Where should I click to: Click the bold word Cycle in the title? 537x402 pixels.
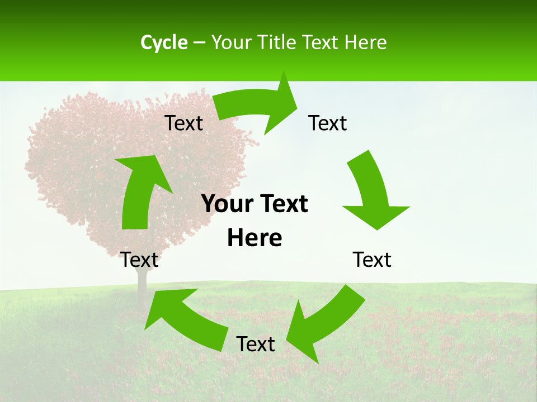164,42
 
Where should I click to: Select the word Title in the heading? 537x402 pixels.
279,42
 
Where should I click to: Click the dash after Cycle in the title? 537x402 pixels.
199,42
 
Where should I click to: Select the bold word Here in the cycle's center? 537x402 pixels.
255,238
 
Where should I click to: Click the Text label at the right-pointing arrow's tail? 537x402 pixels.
183,123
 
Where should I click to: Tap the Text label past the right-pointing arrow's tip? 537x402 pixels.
328,123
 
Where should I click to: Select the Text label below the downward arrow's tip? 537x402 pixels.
372,260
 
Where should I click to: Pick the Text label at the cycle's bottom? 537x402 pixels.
256,344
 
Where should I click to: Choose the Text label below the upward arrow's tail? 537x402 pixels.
139,260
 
